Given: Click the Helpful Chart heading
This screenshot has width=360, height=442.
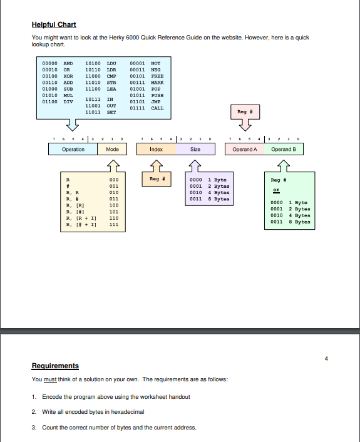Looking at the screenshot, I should (x=54, y=24).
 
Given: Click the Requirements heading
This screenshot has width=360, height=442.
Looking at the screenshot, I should (x=55, y=366).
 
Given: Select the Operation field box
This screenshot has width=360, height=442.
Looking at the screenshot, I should (x=73, y=150).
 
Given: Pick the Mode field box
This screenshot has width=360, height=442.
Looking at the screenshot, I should (x=113, y=150).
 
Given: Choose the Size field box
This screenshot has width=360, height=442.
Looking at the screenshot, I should (x=195, y=150).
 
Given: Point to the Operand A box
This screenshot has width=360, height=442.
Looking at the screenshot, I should (x=244, y=150).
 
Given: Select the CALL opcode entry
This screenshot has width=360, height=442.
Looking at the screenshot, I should (x=157, y=108).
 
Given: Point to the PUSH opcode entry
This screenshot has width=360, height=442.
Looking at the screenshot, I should (x=157, y=96).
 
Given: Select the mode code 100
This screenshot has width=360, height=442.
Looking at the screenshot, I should (x=114, y=205).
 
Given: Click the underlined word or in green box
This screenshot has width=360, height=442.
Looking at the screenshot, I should (x=274, y=192).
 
